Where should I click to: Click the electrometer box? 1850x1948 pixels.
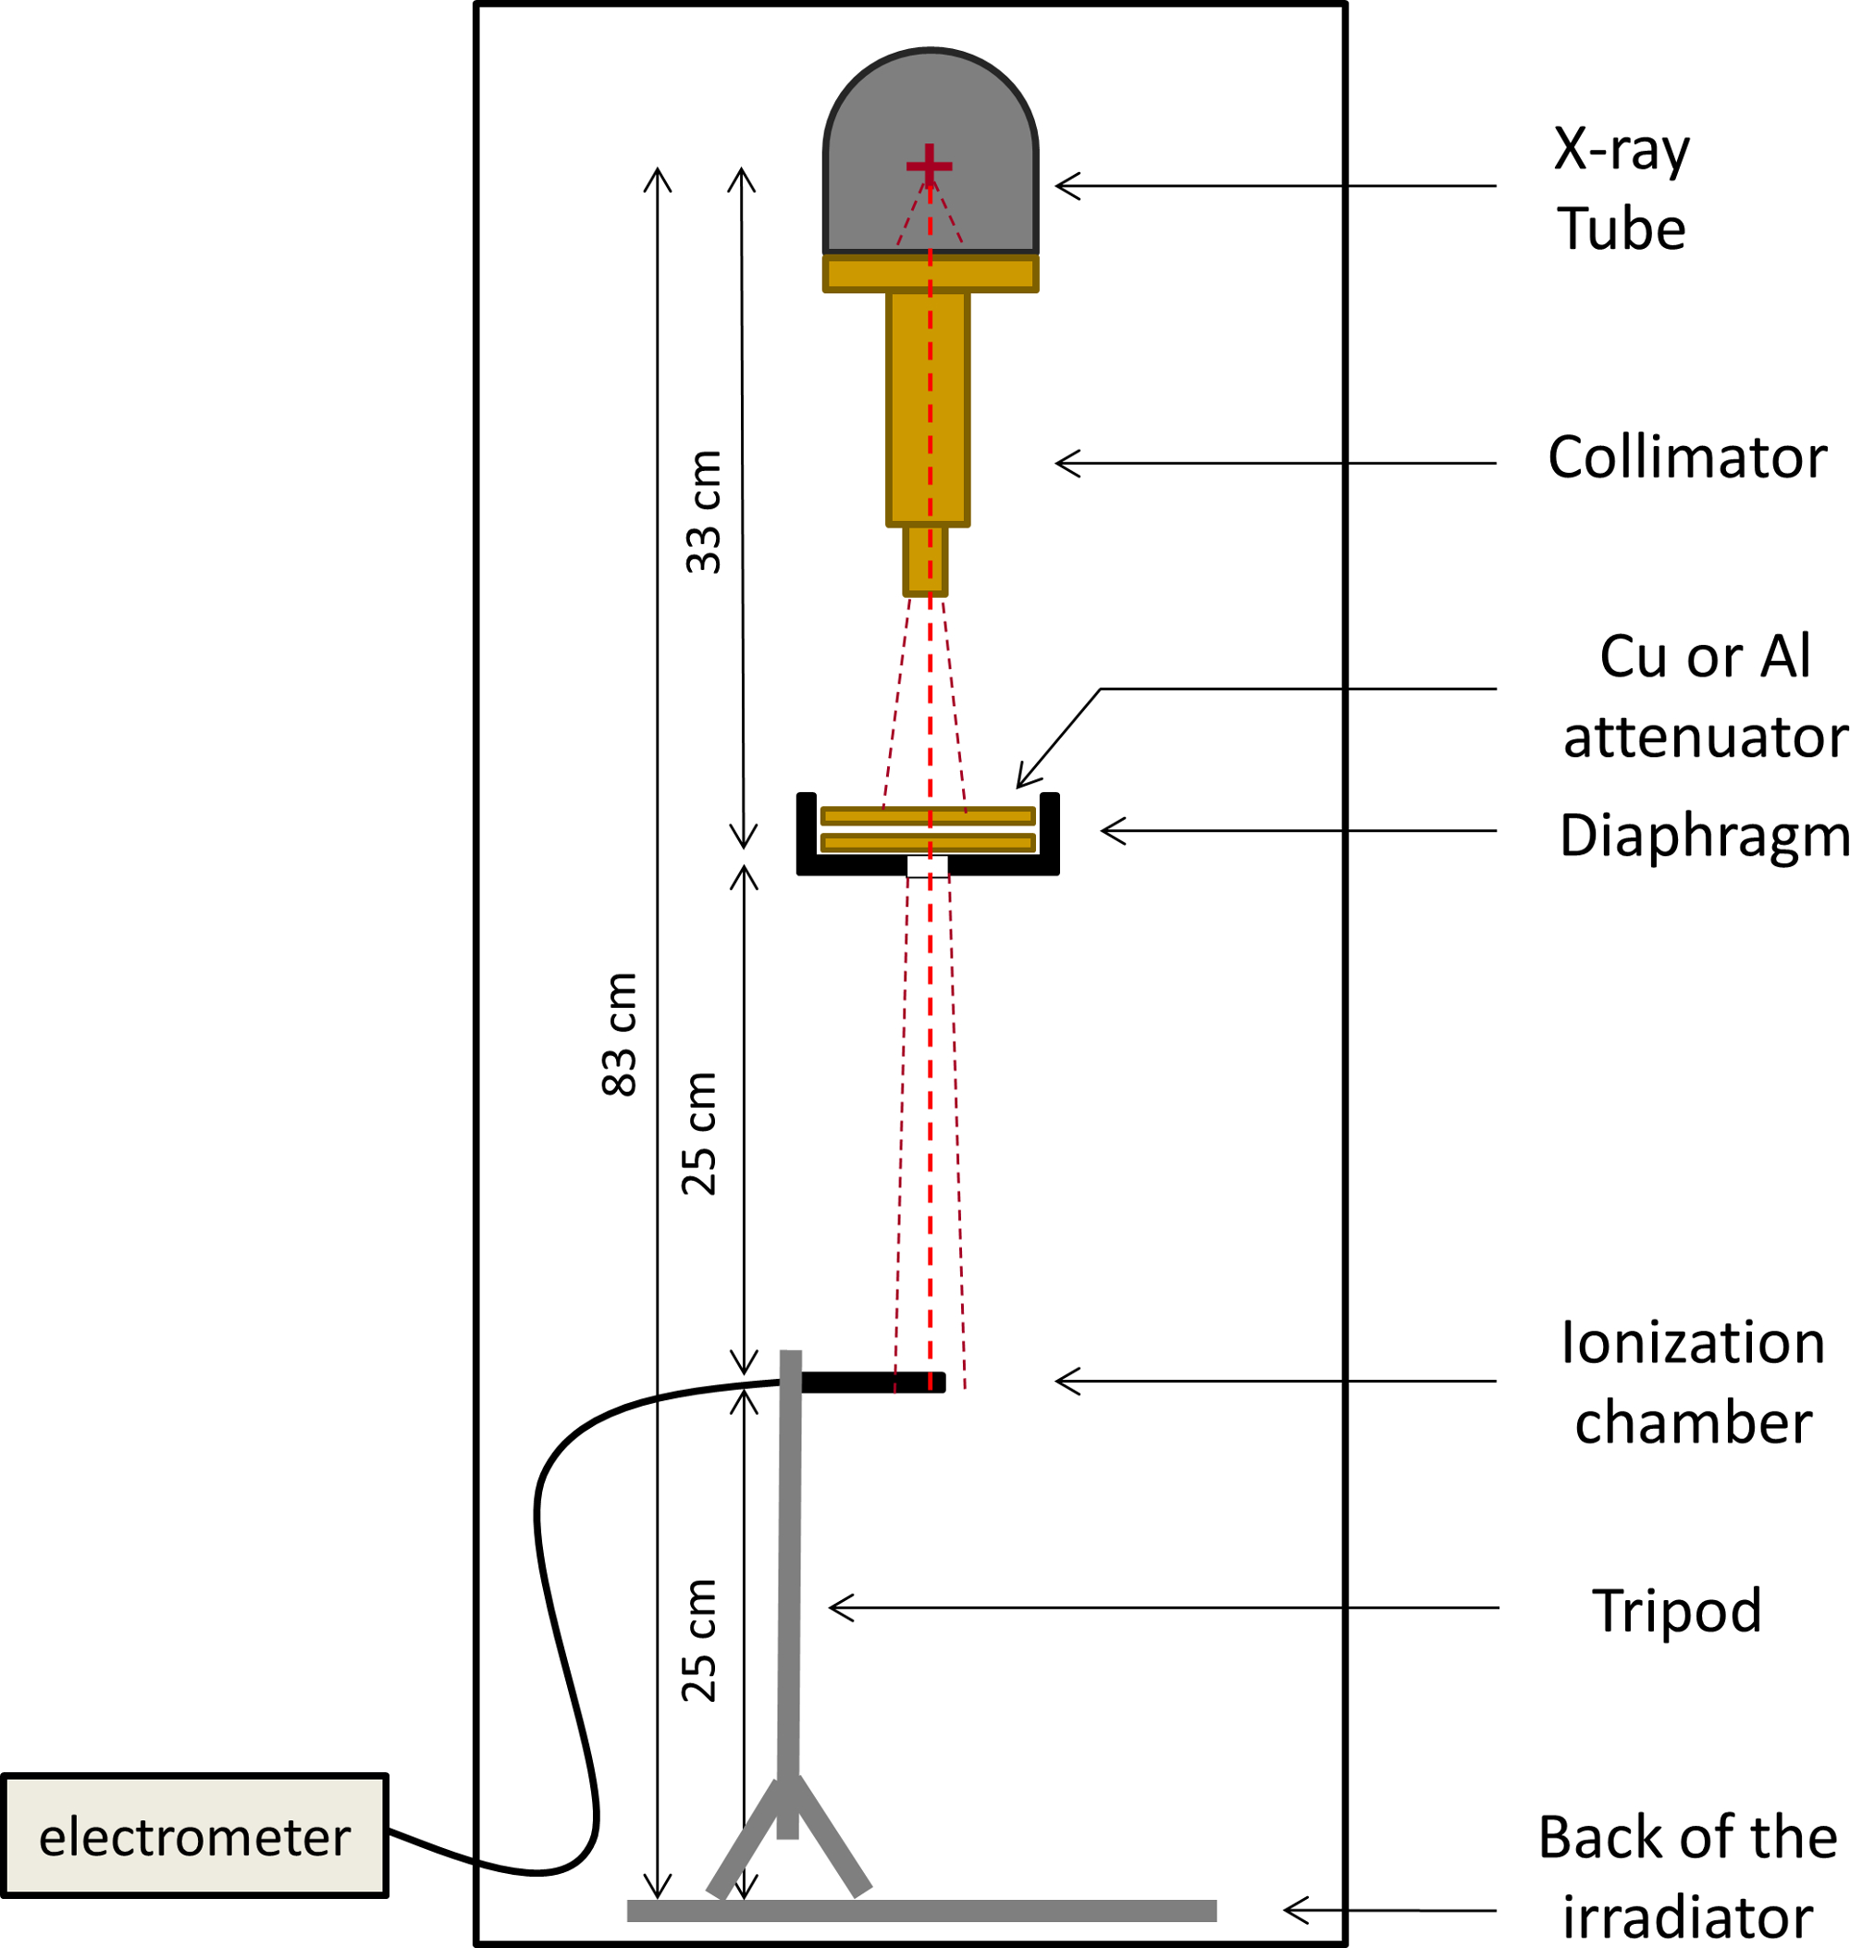point(194,1835)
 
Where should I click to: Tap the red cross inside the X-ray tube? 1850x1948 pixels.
point(929,166)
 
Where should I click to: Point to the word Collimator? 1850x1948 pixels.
point(1687,458)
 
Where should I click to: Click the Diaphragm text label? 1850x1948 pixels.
point(1703,836)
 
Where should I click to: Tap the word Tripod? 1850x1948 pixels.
point(1676,1610)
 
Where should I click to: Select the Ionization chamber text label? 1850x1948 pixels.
point(1692,1383)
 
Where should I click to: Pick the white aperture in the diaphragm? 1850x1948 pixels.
point(927,867)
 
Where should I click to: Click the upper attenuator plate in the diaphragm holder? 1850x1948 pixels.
point(928,815)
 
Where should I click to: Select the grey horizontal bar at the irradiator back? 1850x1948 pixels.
point(921,1910)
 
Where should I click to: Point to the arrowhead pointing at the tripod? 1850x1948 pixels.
point(838,1608)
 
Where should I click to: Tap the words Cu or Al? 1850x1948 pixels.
point(1705,656)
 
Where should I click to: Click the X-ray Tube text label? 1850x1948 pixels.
point(1622,189)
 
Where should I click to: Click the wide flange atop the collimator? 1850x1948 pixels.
point(930,273)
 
